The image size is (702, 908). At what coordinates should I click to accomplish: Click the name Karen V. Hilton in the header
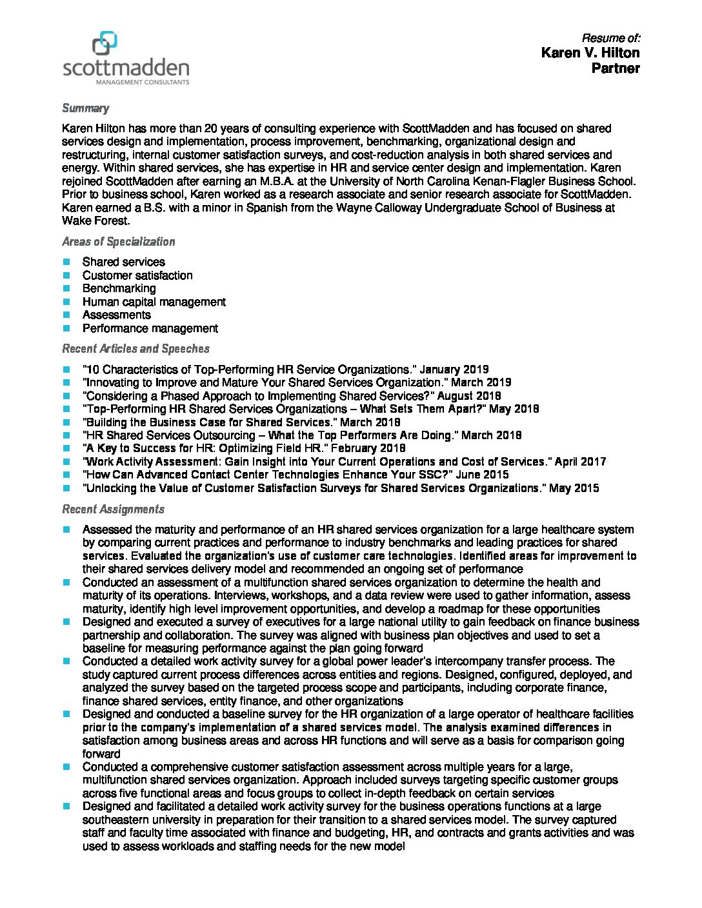click(590, 53)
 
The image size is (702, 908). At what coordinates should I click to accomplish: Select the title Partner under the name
click(616, 68)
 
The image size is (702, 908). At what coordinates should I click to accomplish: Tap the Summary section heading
click(85, 108)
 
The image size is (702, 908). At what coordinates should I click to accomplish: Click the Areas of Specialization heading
click(118, 242)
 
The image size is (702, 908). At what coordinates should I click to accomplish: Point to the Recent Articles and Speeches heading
click(135, 349)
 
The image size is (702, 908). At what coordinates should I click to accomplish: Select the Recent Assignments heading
click(113, 509)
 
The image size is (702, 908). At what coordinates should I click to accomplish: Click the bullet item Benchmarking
click(119, 288)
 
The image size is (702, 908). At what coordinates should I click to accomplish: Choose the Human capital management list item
click(154, 302)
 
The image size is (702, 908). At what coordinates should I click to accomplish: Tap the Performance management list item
click(150, 328)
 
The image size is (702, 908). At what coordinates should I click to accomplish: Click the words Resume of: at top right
click(610, 37)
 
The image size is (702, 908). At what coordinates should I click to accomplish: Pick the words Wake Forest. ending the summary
click(96, 221)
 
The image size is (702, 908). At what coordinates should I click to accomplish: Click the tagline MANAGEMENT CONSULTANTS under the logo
click(142, 83)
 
